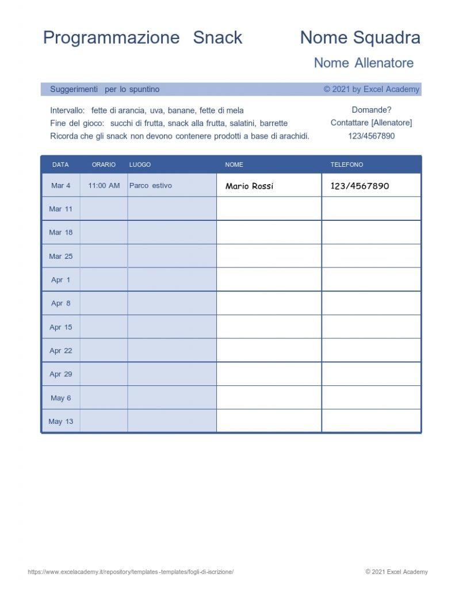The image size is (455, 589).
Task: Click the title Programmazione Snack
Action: point(143,38)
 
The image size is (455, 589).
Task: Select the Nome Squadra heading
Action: point(360,38)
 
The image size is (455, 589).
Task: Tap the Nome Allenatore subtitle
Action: point(364,63)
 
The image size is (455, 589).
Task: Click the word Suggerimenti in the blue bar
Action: point(74,90)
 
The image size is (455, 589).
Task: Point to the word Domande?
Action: point(372,110)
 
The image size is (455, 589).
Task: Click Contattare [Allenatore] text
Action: point(371,123)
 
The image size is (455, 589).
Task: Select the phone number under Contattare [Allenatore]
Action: point(372,136)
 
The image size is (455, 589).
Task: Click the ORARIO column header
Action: point(104,165)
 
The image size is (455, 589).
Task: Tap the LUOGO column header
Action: point(140,165)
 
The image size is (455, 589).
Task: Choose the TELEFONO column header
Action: point(347,165)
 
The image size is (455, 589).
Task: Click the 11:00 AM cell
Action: point(104,186)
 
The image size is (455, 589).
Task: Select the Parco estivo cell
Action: point(151,186)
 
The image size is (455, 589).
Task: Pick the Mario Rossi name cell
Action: point(250,186)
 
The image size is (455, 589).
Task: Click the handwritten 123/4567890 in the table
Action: point(360,186)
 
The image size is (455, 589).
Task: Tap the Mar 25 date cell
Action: point(61,257)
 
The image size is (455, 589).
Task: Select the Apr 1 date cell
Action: point(61,280)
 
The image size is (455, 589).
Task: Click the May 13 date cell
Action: point(61,422)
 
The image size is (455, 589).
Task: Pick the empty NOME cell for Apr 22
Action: point(269,350)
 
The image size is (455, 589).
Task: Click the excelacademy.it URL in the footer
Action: point(131,572)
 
